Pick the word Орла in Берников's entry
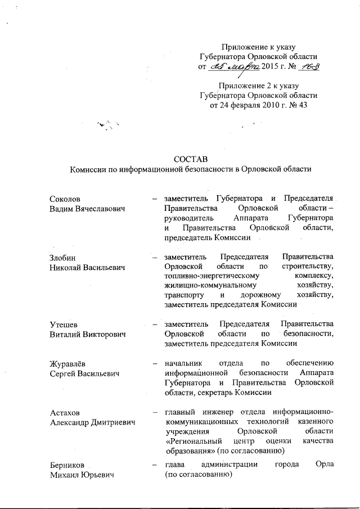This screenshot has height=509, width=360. [326, 465]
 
